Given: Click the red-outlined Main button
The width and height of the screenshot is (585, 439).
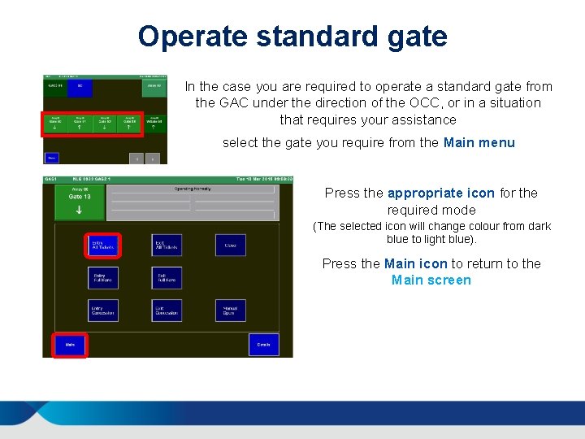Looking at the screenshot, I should pyautogui.click(x=70, y=345).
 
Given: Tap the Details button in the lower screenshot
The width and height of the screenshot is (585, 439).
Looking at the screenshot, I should pyautogui.click(x=263, y=345).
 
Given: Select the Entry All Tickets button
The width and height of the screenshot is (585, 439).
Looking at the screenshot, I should pyautogui.click(x=103, y=245).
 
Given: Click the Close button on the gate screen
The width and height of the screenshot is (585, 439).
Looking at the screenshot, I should pyautogui.click(x=230, y=245).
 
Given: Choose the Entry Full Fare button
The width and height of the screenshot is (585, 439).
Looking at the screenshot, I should pyautogui.click(x=103, y=278).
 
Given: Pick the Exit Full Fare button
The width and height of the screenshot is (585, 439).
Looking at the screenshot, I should pyautogui.click(x=167, y=278).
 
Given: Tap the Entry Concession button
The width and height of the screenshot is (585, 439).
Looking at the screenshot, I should pyautogui.click(x=103, y=311).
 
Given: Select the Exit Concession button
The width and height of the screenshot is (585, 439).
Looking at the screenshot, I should pyautogui.click(x=167, y=311).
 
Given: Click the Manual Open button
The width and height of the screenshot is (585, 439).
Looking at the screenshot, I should pyautogui.click(x=230, y=311).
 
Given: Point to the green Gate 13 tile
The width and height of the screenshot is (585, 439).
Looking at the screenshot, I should pyautogui.click(x=80, y=202).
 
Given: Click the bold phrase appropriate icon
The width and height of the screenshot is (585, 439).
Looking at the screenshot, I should pyautogui.click(x=440, y=193).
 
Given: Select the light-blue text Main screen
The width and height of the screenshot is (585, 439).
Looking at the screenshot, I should pyautogui.click(x=431, y=280).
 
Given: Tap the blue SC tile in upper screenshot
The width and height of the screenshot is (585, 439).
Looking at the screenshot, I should pyautogui.click(x=80, y=88).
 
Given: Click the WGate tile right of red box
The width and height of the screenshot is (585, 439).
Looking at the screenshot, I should pyautogui.click(x=154, y=124).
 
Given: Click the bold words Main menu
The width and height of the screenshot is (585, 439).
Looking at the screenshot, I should pyautogui.click(x=479, y=143).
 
